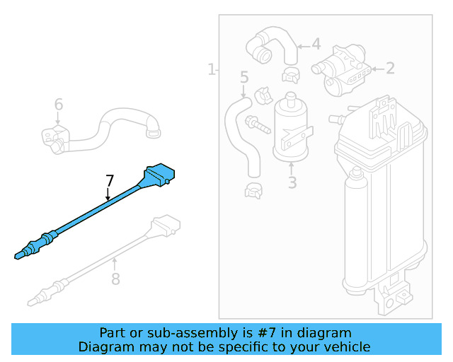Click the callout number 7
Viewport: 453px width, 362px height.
pos(109,180)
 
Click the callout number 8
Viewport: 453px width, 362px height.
pos(115,279)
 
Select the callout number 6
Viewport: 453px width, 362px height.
pos(59,105)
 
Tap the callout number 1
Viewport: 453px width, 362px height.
pos(211,69)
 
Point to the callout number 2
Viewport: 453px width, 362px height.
pos(389,69)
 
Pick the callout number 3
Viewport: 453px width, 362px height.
pos(292,183)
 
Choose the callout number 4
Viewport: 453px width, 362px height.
pos(316,45)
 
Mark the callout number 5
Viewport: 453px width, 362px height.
pos(244,76)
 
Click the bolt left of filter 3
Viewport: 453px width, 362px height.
pos(258,127)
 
